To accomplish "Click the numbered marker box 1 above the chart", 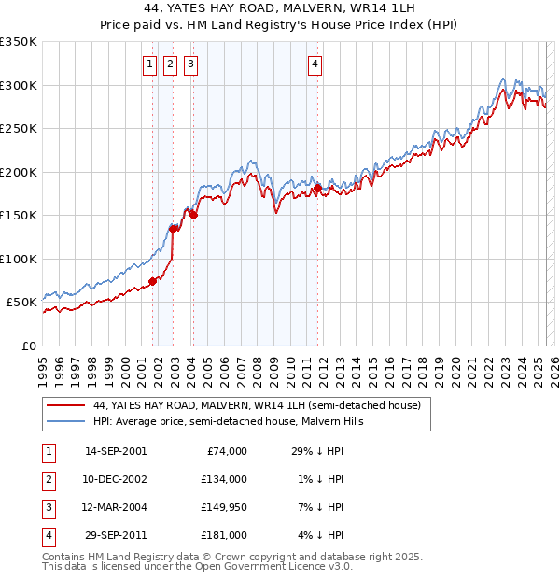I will (149, 64).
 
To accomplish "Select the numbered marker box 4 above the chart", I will (315, 64).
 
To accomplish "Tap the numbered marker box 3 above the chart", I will (190, 64).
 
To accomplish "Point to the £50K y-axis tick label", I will (21, 303).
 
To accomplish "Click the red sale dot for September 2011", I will (318, 189).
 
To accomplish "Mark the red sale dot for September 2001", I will (152, 281).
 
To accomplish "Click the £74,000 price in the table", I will (225, 451).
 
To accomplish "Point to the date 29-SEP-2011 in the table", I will (116, 535).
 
